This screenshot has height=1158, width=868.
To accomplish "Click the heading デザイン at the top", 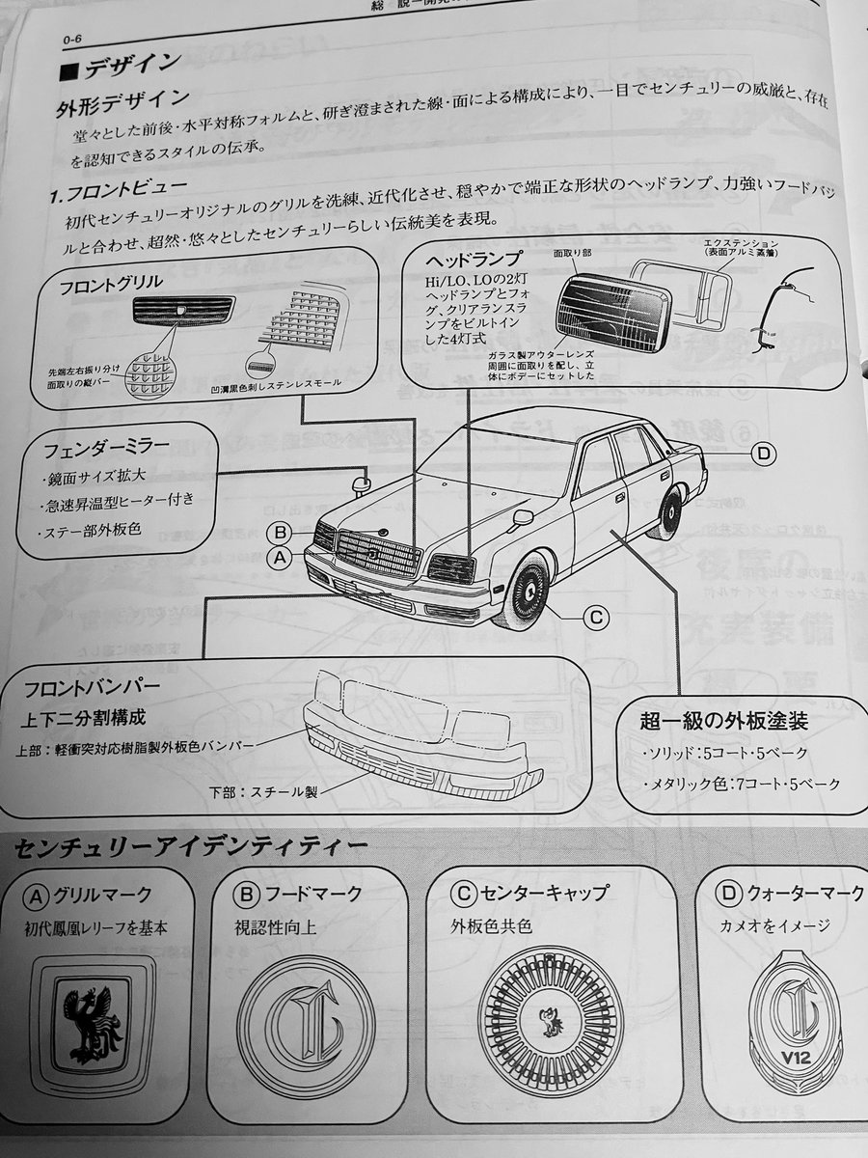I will coord(130,65).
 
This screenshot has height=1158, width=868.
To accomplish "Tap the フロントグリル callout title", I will coord(112,286).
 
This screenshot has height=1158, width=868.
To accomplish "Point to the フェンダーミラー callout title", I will coord(106,448).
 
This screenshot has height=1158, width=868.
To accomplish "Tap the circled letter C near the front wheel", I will coord(596,616).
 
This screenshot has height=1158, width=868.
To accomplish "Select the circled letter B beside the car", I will coord(279,532).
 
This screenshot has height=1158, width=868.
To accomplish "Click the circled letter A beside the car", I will coord(278,557).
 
